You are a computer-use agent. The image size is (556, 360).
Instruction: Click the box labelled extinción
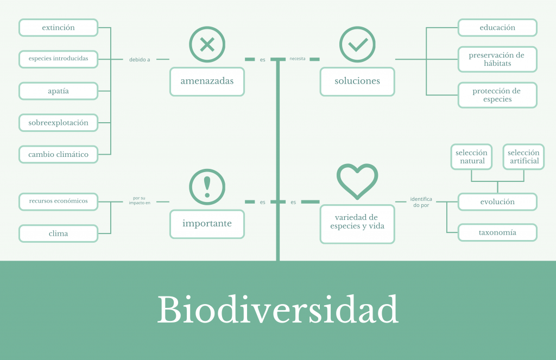[x=58, y=28]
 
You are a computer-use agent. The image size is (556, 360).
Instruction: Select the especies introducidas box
[x=58, y=59]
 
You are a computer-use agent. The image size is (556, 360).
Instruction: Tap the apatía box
[x=58, y=91]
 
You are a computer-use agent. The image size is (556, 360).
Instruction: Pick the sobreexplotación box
[x=58, y=123]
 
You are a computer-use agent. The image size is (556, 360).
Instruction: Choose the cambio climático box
[x=58, y=154]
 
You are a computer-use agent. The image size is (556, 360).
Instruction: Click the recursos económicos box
[x=58, y=201]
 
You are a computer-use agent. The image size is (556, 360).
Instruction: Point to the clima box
[x=58, y=233]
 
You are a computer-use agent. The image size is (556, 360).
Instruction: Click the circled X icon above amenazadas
[x=207, y=45]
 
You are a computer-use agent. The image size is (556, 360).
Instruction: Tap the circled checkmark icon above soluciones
[x=357, y=45]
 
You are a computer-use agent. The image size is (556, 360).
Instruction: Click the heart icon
[x=357, y=181]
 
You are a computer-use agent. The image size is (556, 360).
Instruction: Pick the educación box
[x=497, y=28]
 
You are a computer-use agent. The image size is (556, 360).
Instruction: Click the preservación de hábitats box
[x=497, y=59]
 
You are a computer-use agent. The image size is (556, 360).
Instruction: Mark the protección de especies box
[x=497, y=95]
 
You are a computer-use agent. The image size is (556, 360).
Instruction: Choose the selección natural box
[x=471, y=157]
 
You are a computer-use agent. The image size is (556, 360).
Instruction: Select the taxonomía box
[x=497, y=232]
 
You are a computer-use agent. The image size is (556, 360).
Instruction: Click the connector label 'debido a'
[x=140, y=59]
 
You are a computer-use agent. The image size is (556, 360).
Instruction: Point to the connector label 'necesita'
[x=298, y=58]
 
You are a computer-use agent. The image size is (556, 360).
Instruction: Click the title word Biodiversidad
[x=278, y=311]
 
